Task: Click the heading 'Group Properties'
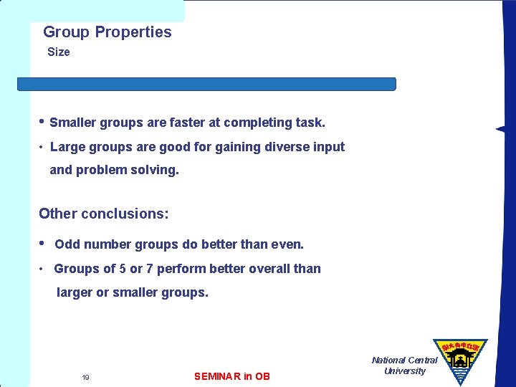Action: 107,32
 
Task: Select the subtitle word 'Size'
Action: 59,52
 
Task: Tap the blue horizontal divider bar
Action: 206,84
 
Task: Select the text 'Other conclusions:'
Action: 104,214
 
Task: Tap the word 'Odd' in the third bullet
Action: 67,244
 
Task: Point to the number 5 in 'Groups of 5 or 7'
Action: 123,269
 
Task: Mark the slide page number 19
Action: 85,377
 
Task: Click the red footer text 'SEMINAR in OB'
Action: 232,376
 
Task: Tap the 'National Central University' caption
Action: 404,365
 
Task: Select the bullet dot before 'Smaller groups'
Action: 42,121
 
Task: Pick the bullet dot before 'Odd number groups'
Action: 42,243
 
